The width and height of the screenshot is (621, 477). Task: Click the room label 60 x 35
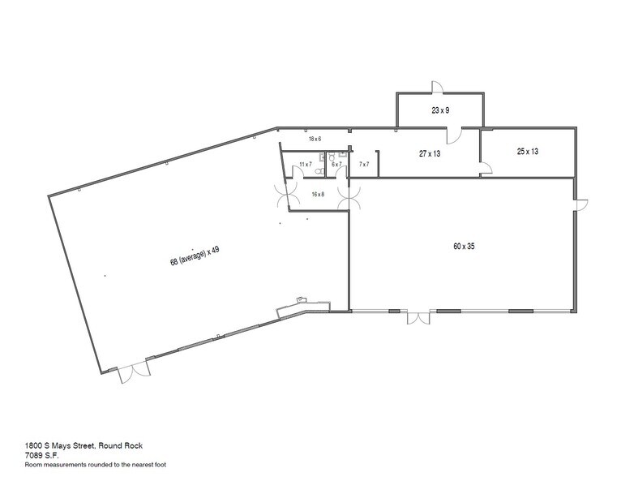(463, 245)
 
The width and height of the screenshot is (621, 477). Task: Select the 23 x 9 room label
(440, 110)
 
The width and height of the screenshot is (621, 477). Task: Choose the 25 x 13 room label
(528, 152)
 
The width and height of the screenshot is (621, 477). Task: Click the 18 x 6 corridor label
(315, 139)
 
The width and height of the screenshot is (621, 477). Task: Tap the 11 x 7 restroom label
(306, 165)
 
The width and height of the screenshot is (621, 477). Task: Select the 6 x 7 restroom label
(337, 165)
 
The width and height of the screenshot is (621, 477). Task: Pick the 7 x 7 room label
(364, 165)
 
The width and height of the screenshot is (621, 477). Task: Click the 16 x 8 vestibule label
(318, 194)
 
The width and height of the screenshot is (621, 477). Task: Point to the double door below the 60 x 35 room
(419, 318)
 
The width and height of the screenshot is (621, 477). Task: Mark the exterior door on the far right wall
(580, 205)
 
